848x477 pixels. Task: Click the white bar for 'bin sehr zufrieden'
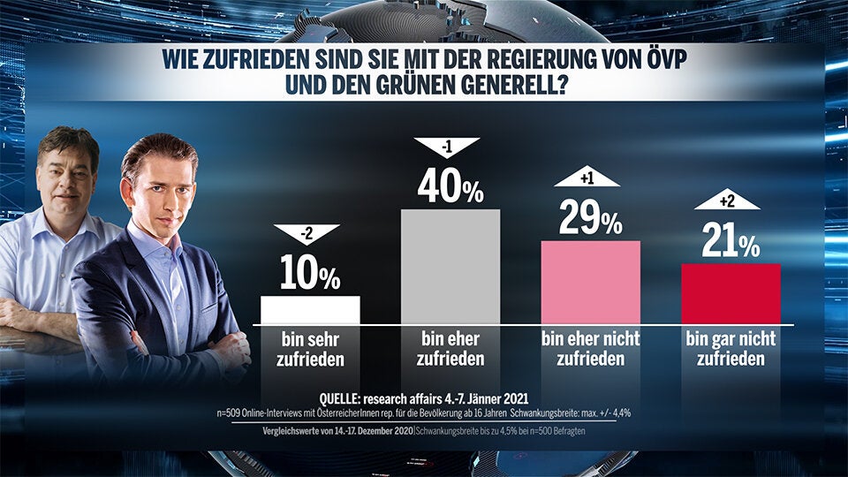(310, 310)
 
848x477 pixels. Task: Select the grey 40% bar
(450, 266)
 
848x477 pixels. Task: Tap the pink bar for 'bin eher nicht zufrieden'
(590, 282)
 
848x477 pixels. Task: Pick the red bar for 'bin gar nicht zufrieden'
(731, 293)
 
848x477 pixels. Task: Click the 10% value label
(310, 275)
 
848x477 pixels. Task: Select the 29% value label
(590, 218)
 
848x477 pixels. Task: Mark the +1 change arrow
(587, 178)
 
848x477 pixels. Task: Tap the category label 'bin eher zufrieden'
(450, 349)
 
